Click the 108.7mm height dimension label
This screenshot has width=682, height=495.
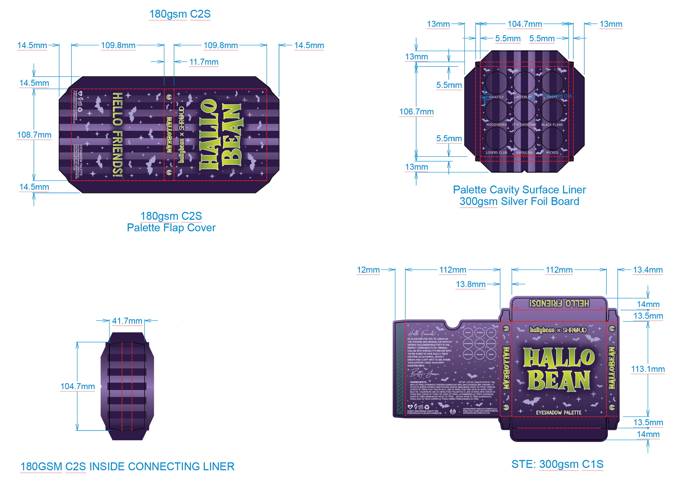(x=34, y=135)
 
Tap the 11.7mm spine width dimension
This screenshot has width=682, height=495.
(x=204, y=62)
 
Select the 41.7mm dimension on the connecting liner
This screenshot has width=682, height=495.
(x=127, y=321)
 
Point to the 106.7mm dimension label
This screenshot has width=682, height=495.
(x=416, y=112)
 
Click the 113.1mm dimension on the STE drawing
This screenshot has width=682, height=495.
(x=647, y=369)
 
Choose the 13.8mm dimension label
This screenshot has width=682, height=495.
(x=470, y=284)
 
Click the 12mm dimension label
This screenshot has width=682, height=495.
(x=368, y=270)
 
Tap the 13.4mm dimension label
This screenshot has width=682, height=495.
(x=647, y=270)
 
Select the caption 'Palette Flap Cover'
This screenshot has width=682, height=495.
(x=171, y=228)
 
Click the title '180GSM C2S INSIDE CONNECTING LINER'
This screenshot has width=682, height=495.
(x=127, y=466)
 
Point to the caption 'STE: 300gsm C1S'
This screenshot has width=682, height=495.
(x=557, y=464)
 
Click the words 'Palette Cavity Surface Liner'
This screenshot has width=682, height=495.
(x=519, y=190)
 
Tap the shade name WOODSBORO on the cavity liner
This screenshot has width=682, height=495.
(x=496, y=125)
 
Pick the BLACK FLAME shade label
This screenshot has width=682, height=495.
(x=552, y=125)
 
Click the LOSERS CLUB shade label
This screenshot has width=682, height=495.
(x=496, y=153)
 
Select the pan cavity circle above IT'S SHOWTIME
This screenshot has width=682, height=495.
(x=524, y=110)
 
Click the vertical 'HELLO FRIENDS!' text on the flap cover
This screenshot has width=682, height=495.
(x=118, y=135)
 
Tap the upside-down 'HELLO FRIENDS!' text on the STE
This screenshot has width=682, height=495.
(x=559, y=304)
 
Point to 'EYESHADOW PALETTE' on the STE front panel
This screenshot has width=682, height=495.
(x=558, y=413)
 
